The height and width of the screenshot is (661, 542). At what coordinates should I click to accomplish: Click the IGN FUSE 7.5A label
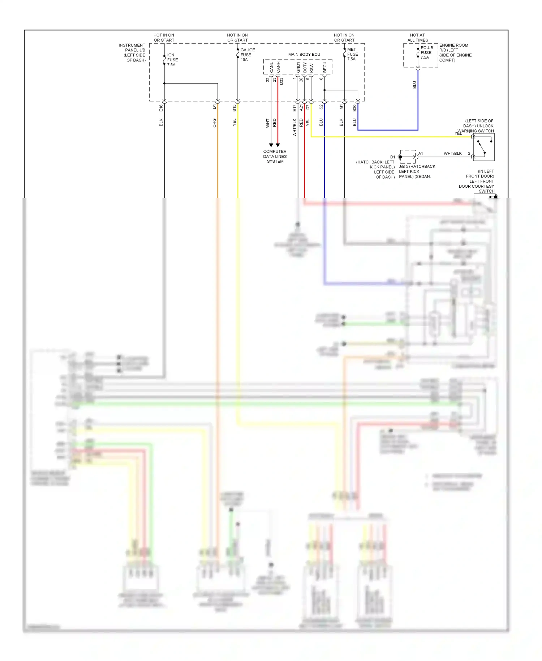point(172,60)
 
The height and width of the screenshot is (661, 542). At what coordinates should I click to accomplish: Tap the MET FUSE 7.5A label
point(352,54)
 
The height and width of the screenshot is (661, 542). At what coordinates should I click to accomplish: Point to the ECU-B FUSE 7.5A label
point(426,52)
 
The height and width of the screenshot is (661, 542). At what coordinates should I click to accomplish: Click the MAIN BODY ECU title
point(304,55)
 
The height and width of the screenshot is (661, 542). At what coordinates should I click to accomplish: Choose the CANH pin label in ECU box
point(278,67)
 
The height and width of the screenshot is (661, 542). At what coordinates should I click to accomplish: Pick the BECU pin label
point(324,67)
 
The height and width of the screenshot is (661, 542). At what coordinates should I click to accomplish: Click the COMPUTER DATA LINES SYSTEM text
point(275,157)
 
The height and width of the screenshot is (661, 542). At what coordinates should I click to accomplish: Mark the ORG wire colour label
point(214,123)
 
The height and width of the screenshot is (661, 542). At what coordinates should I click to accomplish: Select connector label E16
point(161,108)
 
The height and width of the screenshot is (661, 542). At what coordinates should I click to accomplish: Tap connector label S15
point(234,108)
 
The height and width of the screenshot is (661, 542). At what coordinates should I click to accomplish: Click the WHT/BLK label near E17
point(294,127)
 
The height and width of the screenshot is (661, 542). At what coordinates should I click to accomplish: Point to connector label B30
point(354,108)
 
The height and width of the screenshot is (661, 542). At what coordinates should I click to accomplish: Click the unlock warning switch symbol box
point(483,147)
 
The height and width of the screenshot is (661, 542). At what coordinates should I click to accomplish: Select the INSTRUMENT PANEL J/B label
point(132,53)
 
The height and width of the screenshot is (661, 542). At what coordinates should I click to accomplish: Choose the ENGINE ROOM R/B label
point(455,53)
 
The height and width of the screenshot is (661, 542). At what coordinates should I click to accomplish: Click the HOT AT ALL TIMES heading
point(418,38)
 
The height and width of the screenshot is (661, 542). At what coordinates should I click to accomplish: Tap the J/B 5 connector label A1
point(421,154)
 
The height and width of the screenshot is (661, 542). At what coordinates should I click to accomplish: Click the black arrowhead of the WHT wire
point(271,145)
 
